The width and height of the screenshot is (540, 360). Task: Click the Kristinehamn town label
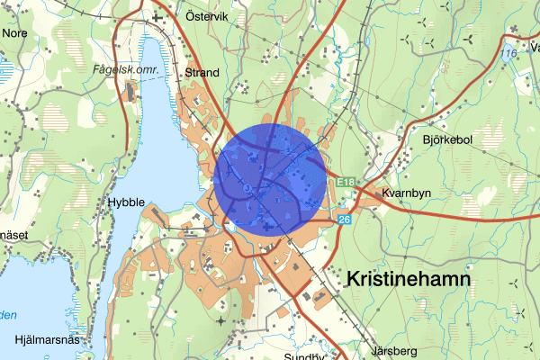(408, 280)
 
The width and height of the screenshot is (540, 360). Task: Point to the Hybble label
(125, 203)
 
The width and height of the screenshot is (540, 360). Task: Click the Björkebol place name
(447, 140)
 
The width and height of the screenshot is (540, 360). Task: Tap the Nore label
(15, 32)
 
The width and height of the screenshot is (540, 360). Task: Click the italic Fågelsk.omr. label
(126, 69)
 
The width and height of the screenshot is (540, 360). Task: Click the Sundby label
(304, 356)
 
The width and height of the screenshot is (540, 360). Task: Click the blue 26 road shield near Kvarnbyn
(344, 219)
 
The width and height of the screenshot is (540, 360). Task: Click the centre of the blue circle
(271, 180)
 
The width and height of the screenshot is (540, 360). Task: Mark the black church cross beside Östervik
(159, 16)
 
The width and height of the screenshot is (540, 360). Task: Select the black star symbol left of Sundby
(220, 320)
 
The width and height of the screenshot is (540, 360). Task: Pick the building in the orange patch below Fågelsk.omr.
(132, 90)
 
